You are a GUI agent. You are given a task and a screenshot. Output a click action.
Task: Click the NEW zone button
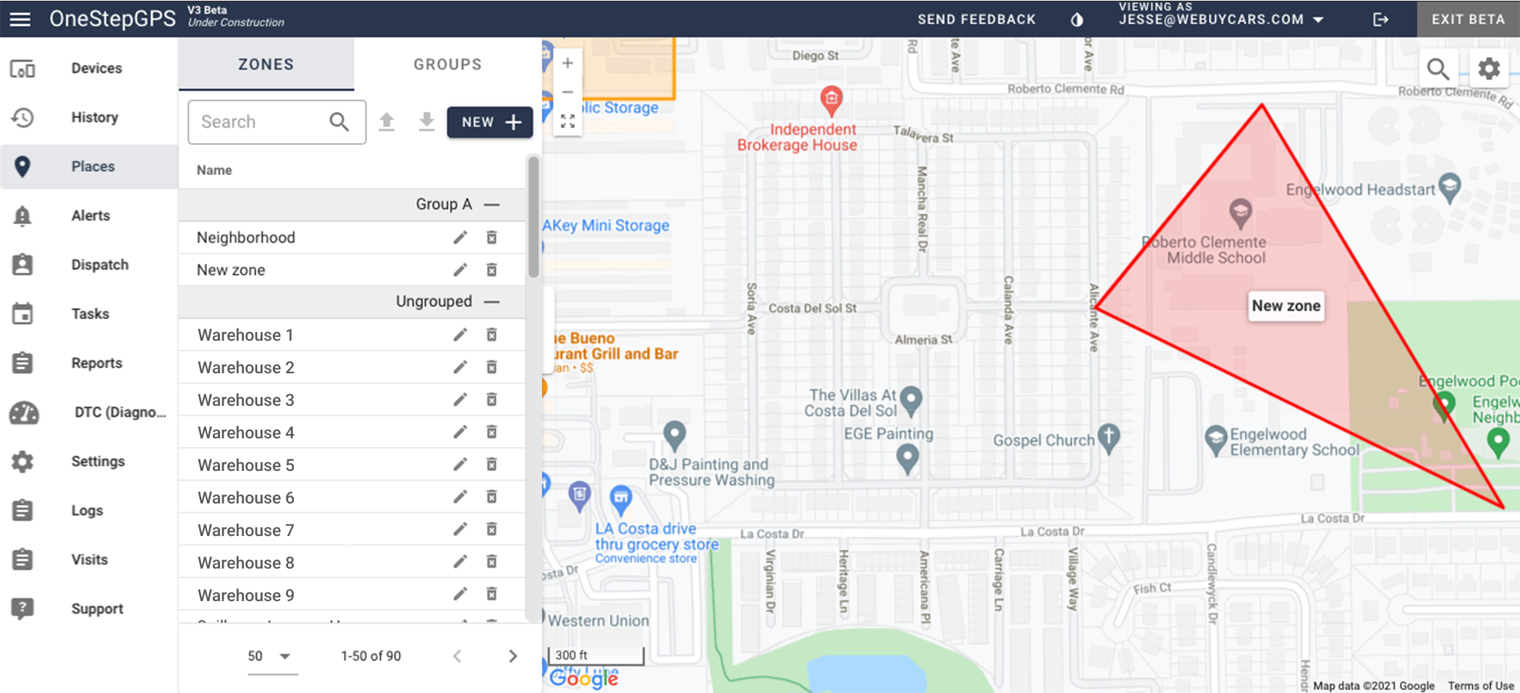[490, 122]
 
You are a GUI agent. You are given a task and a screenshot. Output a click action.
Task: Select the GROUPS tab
[447, 64]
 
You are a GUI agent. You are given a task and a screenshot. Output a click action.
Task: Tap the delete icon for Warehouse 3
[491, 400]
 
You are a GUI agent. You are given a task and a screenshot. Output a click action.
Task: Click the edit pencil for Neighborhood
[460, 237]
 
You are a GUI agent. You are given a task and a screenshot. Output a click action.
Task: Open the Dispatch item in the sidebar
[99, 265]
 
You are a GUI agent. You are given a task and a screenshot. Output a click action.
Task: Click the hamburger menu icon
[20, 19]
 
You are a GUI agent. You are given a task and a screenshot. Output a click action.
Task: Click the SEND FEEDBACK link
[976, 20]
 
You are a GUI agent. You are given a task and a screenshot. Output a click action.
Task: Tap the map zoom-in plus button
[568, 64]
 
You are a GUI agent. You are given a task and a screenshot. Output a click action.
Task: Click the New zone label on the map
[1286, 306]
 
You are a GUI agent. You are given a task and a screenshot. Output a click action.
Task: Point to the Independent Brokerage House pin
[831, 98]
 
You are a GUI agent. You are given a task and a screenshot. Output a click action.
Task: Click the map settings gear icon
[1489, 69]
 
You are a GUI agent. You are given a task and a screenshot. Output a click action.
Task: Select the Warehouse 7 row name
[246, 530]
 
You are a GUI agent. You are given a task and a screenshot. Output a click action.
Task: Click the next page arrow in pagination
[512, 656]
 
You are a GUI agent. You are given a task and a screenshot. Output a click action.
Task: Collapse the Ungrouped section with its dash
[492, 302]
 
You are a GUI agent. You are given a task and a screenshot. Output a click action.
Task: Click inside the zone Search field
[261, 122]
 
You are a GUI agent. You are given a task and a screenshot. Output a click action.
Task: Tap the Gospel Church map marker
[1108, 437]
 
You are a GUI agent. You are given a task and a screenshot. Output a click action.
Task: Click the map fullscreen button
[568, 122]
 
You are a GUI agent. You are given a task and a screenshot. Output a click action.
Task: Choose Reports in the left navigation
[96, 363]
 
